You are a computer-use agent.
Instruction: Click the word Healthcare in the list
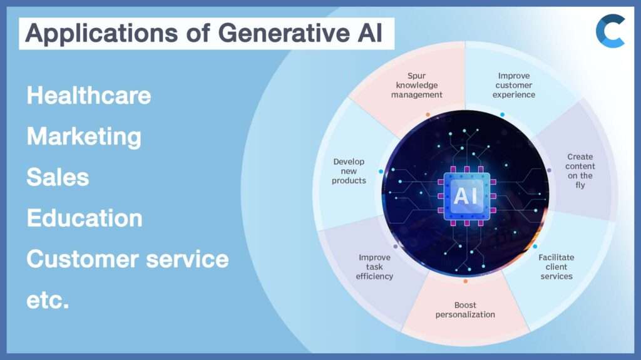[x=88, y=96]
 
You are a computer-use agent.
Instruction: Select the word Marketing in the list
[x=84, y=136]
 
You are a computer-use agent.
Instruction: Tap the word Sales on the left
[x=58, y=177]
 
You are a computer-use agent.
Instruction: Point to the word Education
[x=85, y=218]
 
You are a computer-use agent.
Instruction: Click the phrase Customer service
[x=127, y=259]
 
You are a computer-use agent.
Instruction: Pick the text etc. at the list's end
[x=48, y=301]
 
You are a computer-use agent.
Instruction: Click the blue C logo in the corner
[x=610, y=31]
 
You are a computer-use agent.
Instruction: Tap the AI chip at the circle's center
[x=466, y=196]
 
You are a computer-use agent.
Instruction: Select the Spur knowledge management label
[x=417, y=85]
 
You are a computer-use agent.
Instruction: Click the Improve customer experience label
[x=514, y=85]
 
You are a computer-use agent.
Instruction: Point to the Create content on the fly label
[x=580, y=171]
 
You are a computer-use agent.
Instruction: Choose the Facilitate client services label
[x=556, y=267]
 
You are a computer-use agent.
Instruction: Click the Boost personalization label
[x=465, y=310]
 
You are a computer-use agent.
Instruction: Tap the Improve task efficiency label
[x=374, y=267]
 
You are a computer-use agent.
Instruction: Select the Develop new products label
[x=349, y=171]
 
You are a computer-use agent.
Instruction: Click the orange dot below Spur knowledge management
[x=428, y=115]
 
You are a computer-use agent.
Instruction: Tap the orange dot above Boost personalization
[x=465, y=281]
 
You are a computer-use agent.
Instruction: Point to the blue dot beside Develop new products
[x=381, y=171]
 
